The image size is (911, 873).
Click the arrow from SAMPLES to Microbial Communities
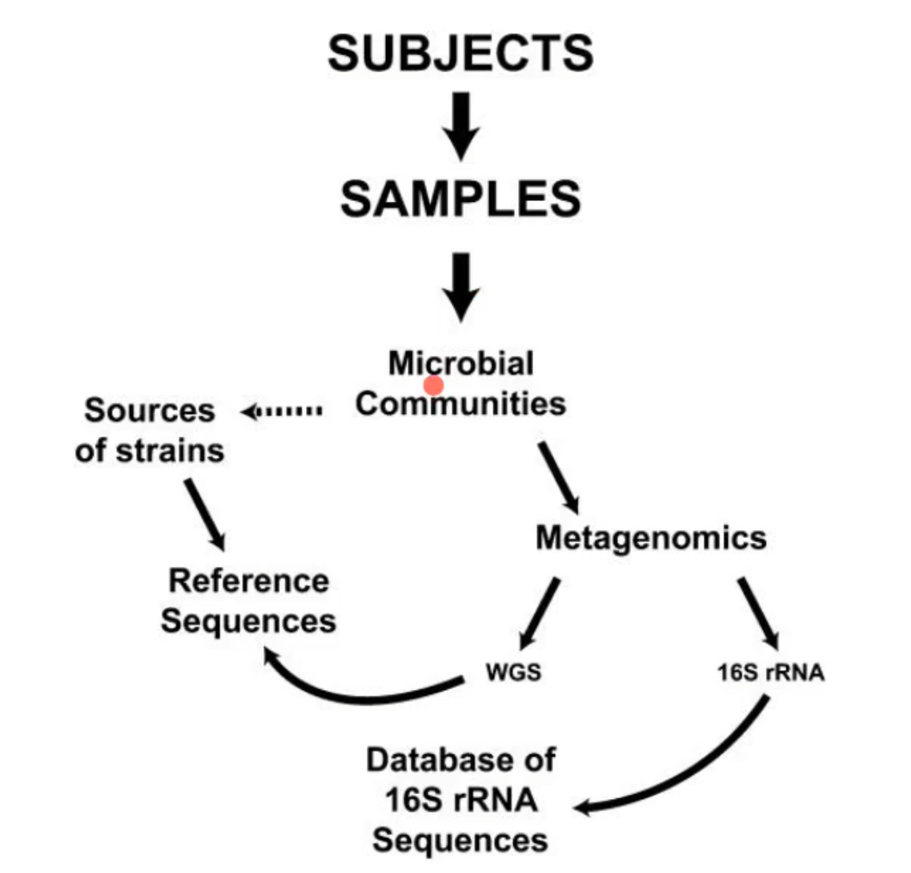click(x=462, y=284)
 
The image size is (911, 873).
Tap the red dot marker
click(x=434, y=386)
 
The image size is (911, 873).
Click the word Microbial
click(x=461, y=363)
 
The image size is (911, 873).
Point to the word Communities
click(x=461, y=403)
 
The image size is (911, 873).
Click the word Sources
click(x=150, y=410)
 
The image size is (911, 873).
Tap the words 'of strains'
click(x=150, y=449)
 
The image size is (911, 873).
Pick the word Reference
click(x=248, y=581)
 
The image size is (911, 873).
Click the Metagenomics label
click(x=651, y=538)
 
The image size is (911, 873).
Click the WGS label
click(x=514, y=673)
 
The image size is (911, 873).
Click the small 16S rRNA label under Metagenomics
click(x=771, y=673)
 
